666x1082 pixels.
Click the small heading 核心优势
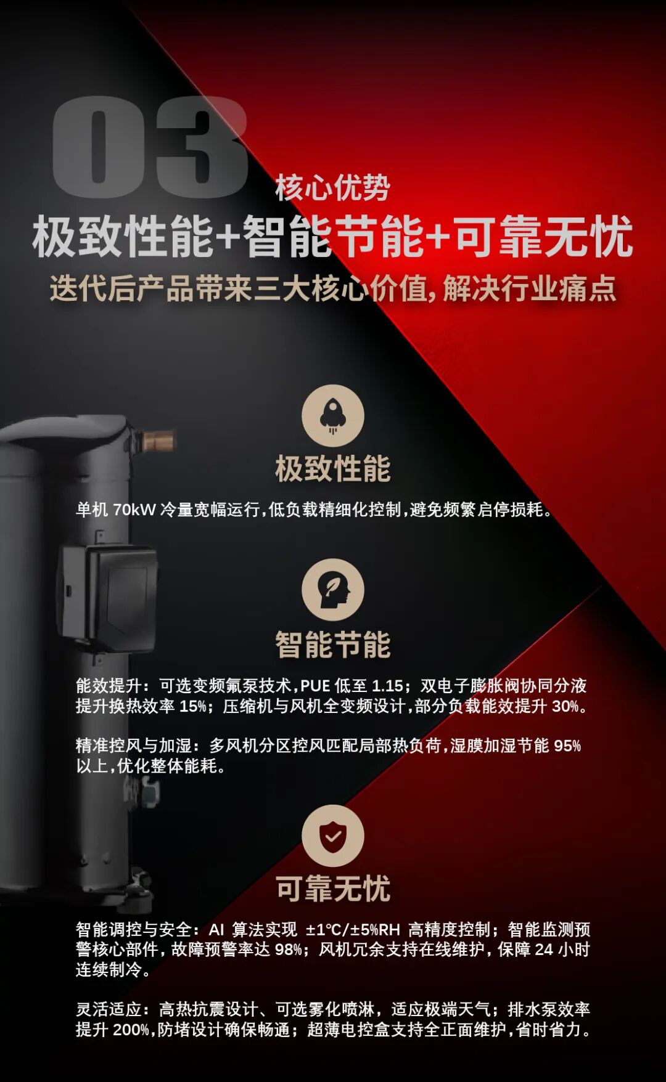pos(332,188)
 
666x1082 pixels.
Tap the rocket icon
pos(333,416)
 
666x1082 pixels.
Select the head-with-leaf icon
pos(333,590)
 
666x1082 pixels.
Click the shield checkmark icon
pos(333,836)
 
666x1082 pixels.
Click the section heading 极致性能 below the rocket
pos(333,469)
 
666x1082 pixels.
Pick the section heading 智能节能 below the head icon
pos(333,645)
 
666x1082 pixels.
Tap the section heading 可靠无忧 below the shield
pos(333,889)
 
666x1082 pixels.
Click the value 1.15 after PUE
pos(387,686)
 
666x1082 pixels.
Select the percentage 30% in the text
pos(565,707)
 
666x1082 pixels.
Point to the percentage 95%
pos(567,746)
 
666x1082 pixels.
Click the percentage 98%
pos(288,950)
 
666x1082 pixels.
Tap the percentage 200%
pos(131,1030)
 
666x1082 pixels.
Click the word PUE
pos(315,686)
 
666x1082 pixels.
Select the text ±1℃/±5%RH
pos(353,930)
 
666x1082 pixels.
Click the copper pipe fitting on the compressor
pos(159,441)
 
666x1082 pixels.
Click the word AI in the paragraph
pos(216,930)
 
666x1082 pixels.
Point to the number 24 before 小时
pos(544,950)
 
